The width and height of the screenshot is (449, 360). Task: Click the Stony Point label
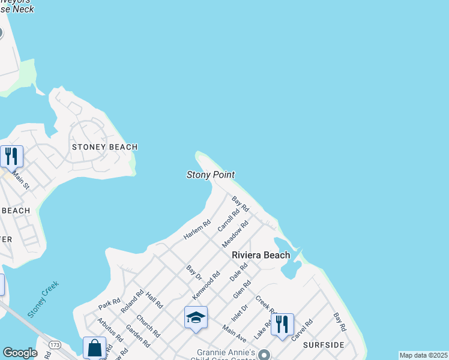click(210, 175)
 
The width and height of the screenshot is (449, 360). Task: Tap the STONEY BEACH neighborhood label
click(104, 147)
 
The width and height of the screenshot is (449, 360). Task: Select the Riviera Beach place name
click(261, 255)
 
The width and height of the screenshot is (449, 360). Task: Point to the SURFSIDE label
click(324, 345)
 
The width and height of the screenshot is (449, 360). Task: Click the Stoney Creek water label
click(43, 299)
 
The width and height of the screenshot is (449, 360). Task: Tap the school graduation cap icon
click(196, 317)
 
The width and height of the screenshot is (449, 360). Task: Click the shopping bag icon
click(95, 347)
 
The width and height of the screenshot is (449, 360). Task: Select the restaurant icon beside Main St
click(11, 157)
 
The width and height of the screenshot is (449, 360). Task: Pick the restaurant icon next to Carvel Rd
click(282, 324)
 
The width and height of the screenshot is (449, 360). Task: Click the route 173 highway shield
click(55, 346)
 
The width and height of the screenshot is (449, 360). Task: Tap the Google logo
click(20, 353)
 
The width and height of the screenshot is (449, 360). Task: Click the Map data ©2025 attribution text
click(423, 355)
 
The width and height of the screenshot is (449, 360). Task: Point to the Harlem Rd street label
click(197, 230)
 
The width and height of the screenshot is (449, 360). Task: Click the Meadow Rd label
click(235, 234)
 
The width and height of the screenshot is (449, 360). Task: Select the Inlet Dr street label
click(240, 316)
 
